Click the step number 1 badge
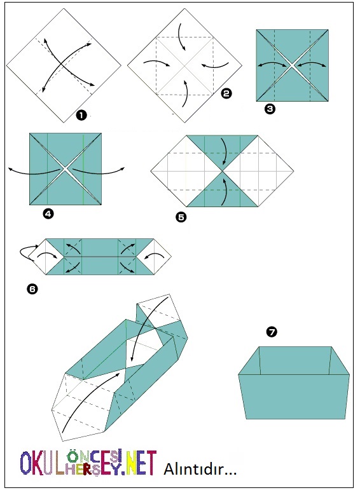(81, 115)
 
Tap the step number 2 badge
(226, 93)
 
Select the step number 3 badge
(270, 109)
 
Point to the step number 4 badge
(48, 214)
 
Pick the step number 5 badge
(181, 217)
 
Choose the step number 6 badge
(32, 289)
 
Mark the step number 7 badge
(272, 332)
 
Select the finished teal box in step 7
(294, 383)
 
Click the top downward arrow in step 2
(181, 37)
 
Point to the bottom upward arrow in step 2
(185, 93)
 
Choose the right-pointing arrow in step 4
(98, 172)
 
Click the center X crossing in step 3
(292, 65)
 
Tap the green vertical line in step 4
(83, 169)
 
